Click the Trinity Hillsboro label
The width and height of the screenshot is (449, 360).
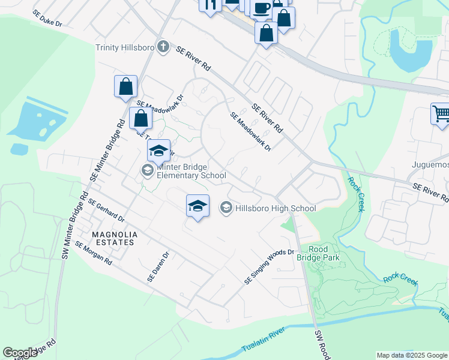click(125, 47)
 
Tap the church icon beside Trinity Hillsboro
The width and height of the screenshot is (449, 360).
click(163, 46)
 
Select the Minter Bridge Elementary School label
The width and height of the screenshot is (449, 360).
click(191, 171)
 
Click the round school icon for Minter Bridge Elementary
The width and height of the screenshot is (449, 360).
click(147, 171)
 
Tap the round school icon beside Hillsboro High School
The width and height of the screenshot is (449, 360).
click(226, 208)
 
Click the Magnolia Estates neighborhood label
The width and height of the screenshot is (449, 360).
click(114, 238)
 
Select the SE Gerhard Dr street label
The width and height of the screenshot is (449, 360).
click(106, 211)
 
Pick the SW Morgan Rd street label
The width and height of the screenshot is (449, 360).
click(94, 253)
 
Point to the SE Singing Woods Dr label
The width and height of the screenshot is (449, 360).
click(270, 266)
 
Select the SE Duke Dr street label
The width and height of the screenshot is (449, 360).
click(48, 17)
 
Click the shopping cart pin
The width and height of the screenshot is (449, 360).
click(441, 113)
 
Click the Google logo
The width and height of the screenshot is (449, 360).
click(20, 353)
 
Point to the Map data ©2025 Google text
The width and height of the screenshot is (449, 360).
click(412, 355)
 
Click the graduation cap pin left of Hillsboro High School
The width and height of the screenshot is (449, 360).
click(197, 206)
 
